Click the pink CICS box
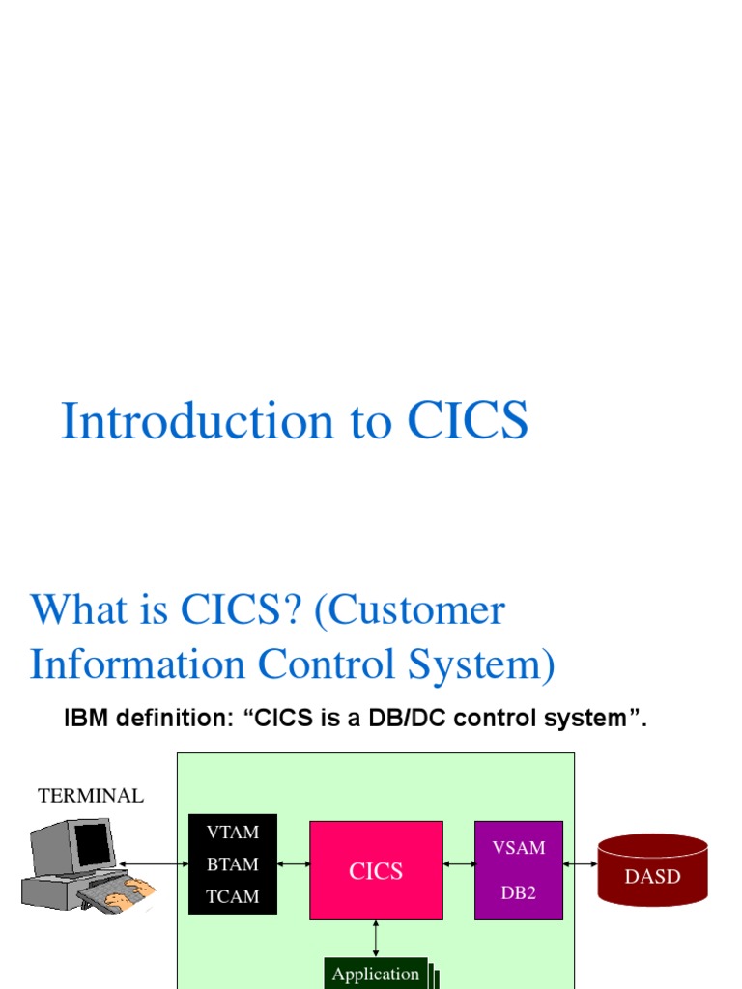376,870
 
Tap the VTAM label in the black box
233,832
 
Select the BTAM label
233,864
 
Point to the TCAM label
233,896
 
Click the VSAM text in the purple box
519,848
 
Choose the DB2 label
519,892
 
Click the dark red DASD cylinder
652,872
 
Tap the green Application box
376,975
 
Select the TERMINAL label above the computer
91,796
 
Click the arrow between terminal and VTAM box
152,862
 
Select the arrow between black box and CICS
293,862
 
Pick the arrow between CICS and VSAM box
459,862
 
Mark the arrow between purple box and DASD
580,862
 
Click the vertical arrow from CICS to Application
376,939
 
